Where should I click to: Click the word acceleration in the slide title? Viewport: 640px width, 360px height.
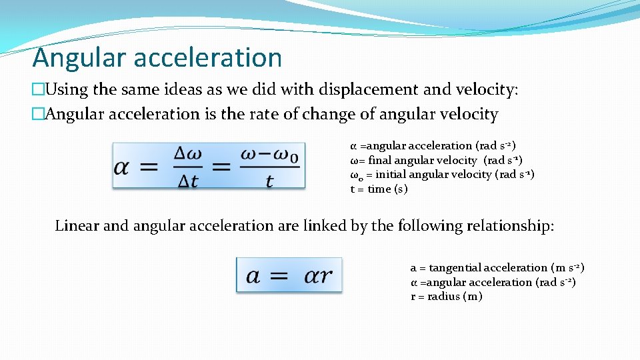(207, 58)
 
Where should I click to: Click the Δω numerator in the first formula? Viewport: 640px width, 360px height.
(189, 153)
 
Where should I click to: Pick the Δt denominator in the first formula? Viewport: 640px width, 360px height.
(189, 180)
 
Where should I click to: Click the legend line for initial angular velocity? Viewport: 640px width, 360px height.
(442, 175)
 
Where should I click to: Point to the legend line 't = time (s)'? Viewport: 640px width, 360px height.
(379, 189)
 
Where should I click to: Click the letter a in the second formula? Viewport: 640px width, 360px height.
(253, 275)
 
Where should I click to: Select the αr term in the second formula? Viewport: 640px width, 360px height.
(318, 275)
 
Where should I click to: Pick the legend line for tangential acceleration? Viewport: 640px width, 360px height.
(497, 268)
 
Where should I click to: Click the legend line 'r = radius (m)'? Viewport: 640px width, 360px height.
(446, 297)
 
